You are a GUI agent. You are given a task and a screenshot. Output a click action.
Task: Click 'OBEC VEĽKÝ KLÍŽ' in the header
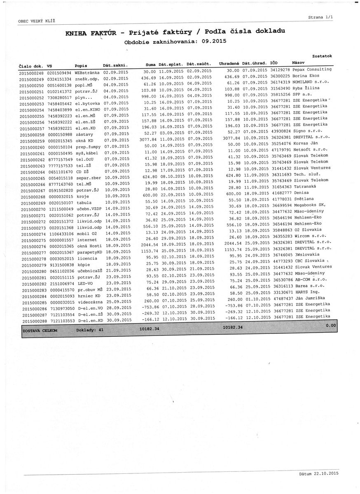[37, 21]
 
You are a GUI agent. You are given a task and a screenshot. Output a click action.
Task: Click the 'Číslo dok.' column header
[31, 66]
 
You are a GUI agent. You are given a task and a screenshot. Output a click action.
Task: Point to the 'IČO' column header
[274, 63]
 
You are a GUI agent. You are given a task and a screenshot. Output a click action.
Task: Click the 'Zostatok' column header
[322, 56]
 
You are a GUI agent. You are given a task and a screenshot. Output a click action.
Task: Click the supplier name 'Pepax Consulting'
[312, 70]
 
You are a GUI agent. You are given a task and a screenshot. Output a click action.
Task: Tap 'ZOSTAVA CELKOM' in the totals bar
[40, 331]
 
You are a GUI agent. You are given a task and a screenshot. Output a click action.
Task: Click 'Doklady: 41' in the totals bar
[90, 330]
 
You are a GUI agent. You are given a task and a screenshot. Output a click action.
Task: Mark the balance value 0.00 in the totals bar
[330, 325]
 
